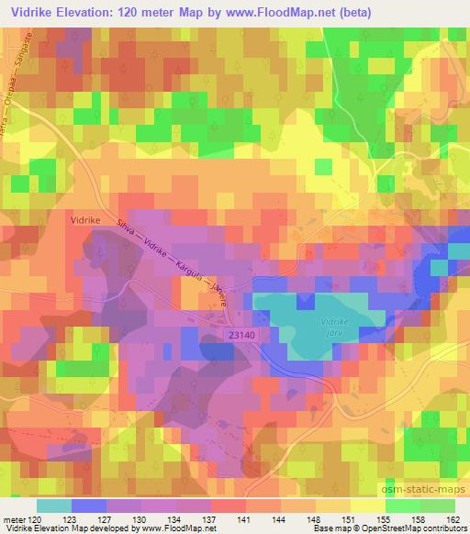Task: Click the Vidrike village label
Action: tap(84, 220)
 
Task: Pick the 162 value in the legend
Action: tap(453, 519)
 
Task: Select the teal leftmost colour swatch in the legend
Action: tap(53, 506)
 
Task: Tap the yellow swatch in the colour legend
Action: tap(368, 506)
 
